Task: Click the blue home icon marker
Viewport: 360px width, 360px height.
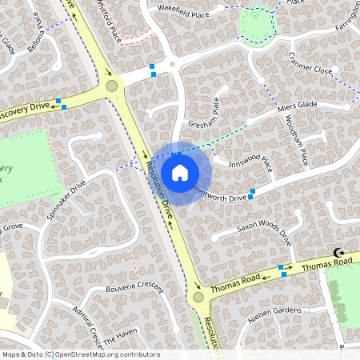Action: pos(180,172)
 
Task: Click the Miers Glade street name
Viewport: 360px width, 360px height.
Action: pos(298,106)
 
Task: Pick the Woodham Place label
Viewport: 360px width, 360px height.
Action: pos(294,139)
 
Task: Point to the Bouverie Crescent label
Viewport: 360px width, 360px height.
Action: pos(134,287)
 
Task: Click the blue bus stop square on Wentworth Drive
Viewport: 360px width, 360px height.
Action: pos(252,193)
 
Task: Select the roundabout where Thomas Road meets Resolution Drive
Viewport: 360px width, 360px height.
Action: pos(198,297)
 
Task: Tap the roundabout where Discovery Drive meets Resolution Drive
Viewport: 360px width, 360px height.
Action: pos(111,86)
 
